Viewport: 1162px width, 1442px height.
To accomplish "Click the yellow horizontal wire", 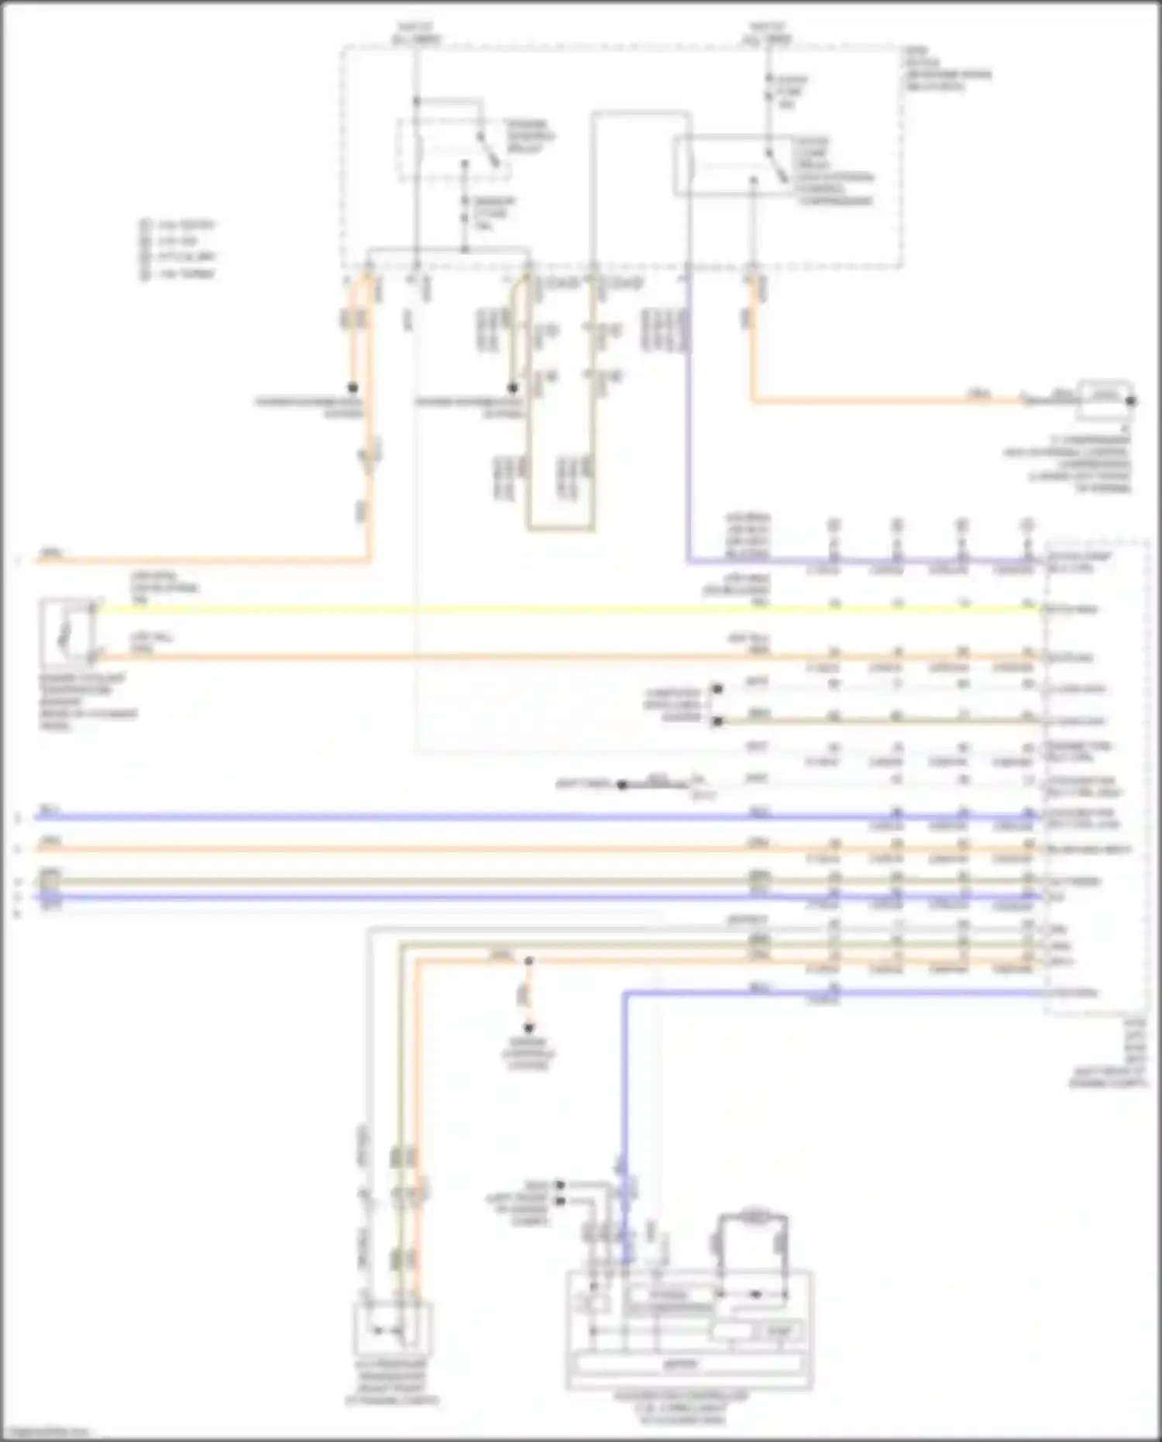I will click(x=542, y=610).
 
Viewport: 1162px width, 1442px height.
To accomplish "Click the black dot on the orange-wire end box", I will click(x=1131, y=401).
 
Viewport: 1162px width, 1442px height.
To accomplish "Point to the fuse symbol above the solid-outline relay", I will click(x=768, y=89).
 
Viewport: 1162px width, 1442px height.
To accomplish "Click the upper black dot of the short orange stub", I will click(x=529, y=962).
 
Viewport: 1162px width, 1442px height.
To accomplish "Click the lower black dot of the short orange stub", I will click(x=529, y=1028).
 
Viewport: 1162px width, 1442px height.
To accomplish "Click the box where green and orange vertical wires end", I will click(x=392, y=1330).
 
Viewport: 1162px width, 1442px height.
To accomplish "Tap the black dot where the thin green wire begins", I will click(x=717, y=721).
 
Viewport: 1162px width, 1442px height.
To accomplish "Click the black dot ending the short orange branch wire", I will click(x=352, y=387).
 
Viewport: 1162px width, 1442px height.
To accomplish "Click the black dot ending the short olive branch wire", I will click(x=513, y=387).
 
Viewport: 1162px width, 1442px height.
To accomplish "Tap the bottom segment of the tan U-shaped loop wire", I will click(x=561, y=530).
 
